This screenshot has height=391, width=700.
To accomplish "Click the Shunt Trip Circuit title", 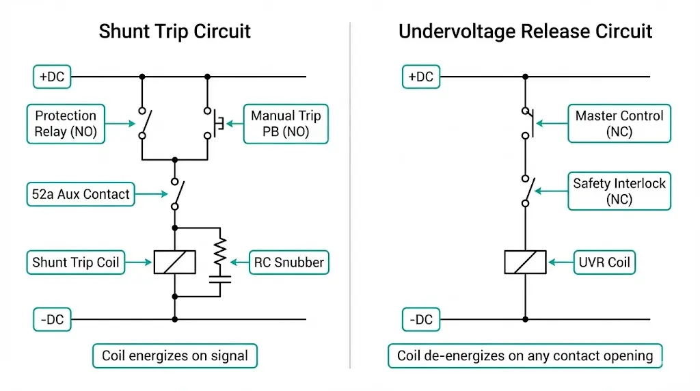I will (174, 31).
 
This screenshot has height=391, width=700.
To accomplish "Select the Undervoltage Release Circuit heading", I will (525, 31).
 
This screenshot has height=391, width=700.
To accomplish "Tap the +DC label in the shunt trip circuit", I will (52, 77).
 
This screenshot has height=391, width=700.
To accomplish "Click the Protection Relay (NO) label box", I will (66, 124).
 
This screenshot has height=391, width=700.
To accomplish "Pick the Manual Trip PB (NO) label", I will (286, 124).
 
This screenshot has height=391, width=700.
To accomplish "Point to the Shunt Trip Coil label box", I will (76, 262).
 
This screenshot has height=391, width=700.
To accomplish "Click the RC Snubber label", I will (288, 262).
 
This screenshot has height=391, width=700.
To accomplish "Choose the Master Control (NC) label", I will (619, 124).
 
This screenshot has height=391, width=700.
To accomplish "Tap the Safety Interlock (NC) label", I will (619, 191).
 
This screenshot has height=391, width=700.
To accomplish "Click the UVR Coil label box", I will (605, 262).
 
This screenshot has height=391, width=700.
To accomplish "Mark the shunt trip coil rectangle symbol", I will (174, 262).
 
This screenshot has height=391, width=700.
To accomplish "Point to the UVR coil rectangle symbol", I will (525, 262).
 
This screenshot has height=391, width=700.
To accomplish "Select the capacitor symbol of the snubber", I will (221, 278).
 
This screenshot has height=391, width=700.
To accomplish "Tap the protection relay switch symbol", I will (144, 123).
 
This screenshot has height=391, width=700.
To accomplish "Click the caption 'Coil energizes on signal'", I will (175, 355).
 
